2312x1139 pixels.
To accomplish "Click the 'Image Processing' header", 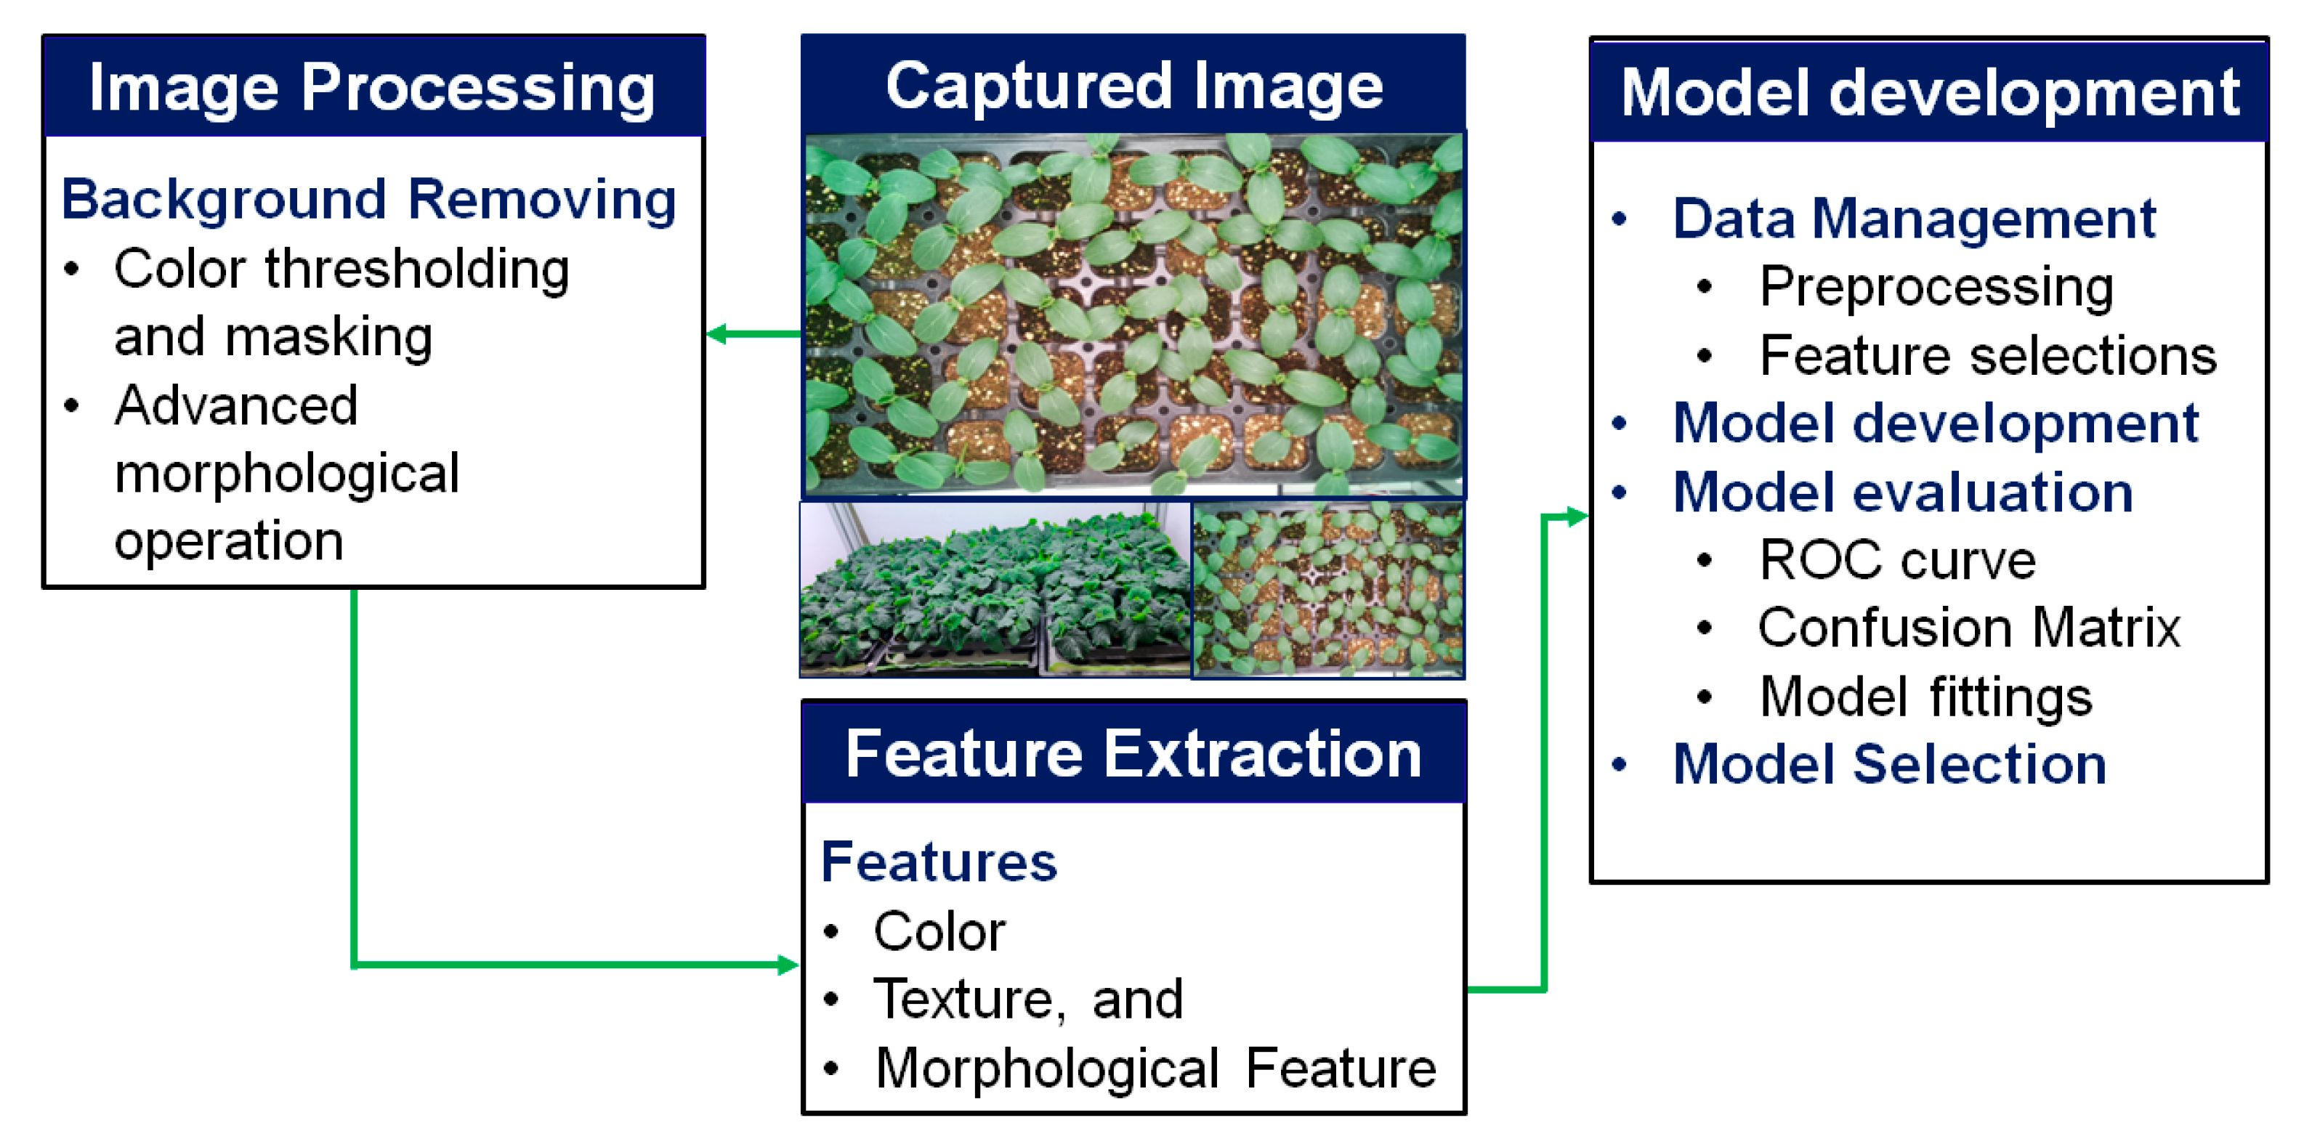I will tap(373, 88).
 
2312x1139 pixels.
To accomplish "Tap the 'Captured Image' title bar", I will tap(1133, 86).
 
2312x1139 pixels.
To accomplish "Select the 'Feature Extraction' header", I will tap(1133, 754).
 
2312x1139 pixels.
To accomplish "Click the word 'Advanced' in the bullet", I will tap(237, 405).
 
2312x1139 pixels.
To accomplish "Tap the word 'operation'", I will tap(229, 540).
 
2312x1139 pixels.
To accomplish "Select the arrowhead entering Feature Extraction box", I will tap(786, 965).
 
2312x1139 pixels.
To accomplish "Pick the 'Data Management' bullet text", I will tap(1914, 218).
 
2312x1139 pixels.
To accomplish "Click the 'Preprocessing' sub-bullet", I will tap(1936, 286).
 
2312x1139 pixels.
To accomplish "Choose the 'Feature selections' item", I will tap(1987, 355).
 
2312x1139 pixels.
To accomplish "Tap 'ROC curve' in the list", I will tap(1897, 560).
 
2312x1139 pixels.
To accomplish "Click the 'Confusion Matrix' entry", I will tap(1968, 628).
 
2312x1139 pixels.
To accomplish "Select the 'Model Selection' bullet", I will tap(1889, 765).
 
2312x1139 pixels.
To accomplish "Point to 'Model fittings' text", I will tap(1925, 697).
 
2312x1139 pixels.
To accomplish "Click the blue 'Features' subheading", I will tap(939, 862).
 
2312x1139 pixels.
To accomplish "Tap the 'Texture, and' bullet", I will tap(1029, 999).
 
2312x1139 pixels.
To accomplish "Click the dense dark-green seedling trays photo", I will tap(995, 589).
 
